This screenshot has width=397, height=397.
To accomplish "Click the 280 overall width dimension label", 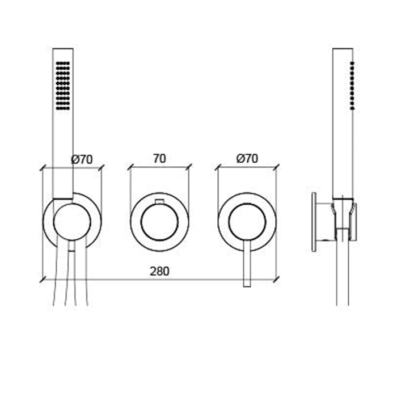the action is (159, 272).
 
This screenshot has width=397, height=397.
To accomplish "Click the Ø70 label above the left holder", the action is (82, 159).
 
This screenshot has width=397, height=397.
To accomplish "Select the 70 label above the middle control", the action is (159, 158).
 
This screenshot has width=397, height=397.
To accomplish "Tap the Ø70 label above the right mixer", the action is (247, 158).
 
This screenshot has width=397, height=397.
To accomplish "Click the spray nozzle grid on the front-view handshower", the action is (63, 86).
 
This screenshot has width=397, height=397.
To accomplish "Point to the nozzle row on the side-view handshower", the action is (352, 86).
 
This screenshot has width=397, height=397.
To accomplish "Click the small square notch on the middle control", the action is (159, 201).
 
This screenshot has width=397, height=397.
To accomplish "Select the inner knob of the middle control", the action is (159, 222).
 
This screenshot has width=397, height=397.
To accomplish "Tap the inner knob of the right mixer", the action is (247, 222).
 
